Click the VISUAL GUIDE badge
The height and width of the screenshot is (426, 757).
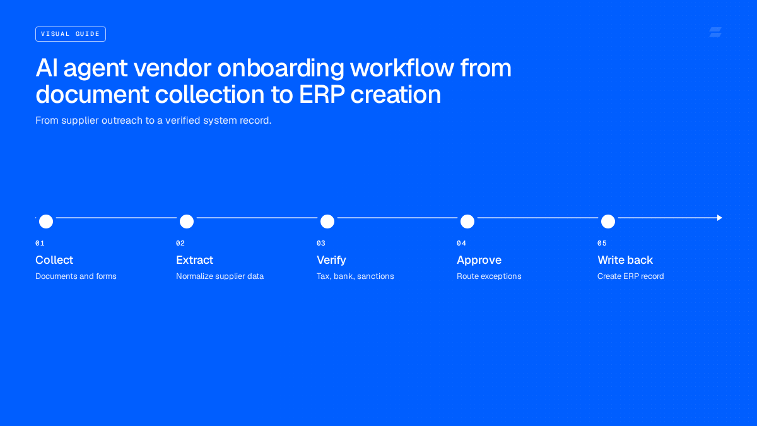click(71, 34)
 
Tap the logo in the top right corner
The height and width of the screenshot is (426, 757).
click(715, 32)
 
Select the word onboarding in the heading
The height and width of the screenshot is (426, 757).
click(281, 69)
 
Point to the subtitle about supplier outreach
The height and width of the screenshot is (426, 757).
click(153, 121)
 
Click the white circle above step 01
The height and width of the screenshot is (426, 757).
click(46, 222)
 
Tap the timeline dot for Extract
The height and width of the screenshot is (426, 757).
click(187, 222)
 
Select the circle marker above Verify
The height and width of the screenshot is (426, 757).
click(327, 222)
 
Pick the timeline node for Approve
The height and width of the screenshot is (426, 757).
click(467, 222)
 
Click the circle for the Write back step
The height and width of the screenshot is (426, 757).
click(608, 222)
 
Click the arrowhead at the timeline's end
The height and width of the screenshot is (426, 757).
click(719, 218)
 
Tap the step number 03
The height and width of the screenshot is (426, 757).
click(321, 243)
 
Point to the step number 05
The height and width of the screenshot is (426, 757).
click(602, 243)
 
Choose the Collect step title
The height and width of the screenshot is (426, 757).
click(54, 260)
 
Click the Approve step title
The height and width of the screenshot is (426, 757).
click(479, 260)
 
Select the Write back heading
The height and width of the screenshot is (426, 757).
click(625, 260)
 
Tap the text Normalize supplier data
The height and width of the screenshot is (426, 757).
click(220, 276)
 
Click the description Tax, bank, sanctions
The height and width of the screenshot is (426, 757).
click(355, 276)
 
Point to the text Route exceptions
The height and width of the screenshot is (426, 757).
click(489, 276)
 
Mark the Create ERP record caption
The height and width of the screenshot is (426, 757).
click(631, 276)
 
